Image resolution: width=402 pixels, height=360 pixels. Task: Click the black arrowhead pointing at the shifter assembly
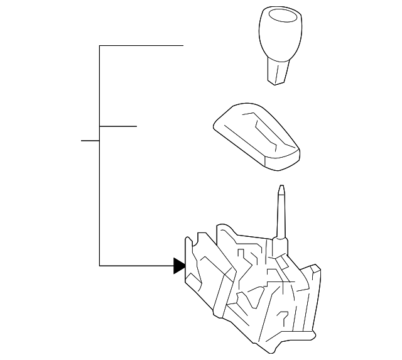pos(180,266)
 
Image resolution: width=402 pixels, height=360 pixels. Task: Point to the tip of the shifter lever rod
pos(281,188)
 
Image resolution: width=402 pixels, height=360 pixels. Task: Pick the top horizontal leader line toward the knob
pos(141,46)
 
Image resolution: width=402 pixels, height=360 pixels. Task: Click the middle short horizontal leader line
pos(118,126)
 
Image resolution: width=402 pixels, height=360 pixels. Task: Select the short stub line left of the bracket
pos(90,140)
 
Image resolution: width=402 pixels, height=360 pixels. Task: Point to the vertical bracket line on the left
pos(99,188)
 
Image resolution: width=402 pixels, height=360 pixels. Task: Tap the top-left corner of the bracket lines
pos(99,46)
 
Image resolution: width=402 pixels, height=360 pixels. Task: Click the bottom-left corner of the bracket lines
pos(99,266)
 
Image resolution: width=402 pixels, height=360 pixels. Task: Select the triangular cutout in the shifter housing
pos(256,295)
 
